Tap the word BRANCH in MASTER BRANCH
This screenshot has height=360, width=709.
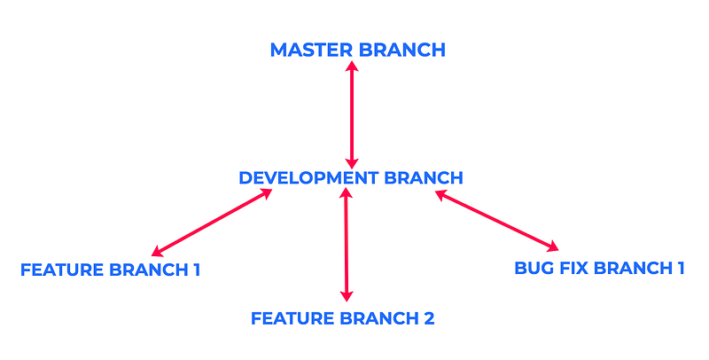(x=402, y=50)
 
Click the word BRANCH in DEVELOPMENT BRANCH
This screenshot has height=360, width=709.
(x=424, y=177)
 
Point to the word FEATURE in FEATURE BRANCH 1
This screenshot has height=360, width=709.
(x=62, y=270)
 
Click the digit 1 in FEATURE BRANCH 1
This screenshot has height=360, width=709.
(x=197, y=270)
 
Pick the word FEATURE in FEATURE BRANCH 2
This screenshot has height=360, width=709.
(x=292, y=318)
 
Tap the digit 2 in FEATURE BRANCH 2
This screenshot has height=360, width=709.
(x=429, y=318)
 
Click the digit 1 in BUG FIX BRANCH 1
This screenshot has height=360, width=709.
(x=681, y=268)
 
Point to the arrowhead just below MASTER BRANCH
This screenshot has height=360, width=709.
(x=352, y=66)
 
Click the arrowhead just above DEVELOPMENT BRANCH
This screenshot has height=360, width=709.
(x=352, y=164)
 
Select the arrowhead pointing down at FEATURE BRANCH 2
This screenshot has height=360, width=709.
(x=347, y=296)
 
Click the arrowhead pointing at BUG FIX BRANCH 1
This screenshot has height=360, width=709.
(x=553, y=247)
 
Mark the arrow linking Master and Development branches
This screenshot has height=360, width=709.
(x=352, y=115)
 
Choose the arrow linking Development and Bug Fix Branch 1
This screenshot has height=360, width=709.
(x=497, y=221)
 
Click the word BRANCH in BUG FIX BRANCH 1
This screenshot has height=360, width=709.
(x=634, y=268)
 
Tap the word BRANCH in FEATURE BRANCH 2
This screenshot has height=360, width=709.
(x=379, y=318)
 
